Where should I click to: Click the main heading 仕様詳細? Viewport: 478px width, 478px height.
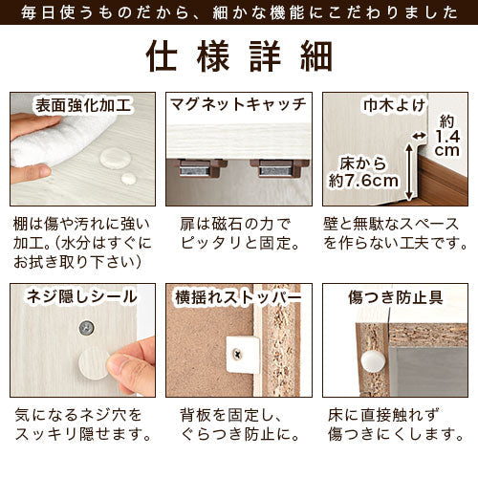point(239,56)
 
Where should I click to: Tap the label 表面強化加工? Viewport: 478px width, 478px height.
point(83,106)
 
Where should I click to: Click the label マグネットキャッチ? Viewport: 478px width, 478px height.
point(238,104)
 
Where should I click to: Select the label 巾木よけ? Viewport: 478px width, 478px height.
point(395,106)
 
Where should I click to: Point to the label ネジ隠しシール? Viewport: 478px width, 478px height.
point(82,296)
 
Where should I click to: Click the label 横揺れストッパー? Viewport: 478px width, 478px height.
point(238,297)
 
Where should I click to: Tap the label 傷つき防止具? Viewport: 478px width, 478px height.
point(396,297)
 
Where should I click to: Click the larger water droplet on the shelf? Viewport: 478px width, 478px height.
point(115,158)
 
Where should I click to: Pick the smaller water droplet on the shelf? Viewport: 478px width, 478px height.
point(128,179)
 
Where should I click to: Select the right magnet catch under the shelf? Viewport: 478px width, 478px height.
point(279,168)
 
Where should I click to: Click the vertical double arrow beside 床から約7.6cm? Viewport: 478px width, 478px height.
point(409,171)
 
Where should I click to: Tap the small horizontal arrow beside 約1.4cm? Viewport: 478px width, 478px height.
point(419,136)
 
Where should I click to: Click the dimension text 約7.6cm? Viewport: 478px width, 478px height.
point(363,182)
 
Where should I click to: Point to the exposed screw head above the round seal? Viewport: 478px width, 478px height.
point(87,328)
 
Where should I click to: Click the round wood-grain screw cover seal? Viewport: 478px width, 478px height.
point(95,364)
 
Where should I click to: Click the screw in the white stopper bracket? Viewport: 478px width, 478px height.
point(237,354)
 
